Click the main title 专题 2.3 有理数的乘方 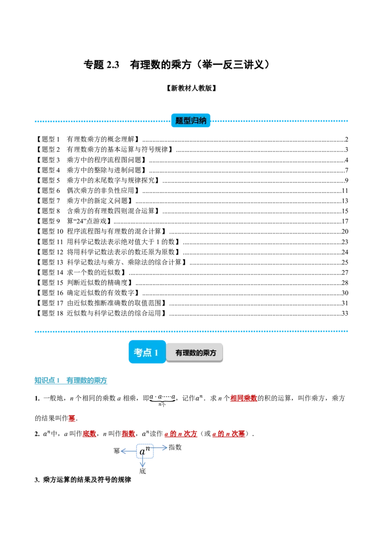coord(176,65)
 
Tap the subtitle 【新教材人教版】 coord(191,88)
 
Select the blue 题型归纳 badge coord(191,121)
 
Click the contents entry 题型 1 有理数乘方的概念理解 coord(88,139)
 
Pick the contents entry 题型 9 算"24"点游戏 coord(74,221)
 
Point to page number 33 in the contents coord(345,314)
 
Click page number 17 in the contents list coord(345,221)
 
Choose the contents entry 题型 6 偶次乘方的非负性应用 coord(88,191)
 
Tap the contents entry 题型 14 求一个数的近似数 coord(81,272)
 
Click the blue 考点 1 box coord(147,352)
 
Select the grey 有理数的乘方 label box coord(195,353)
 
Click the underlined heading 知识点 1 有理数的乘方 coord(71,381)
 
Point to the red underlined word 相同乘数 coord(244,398)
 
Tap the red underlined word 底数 coord(89,433)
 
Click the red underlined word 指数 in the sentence coord(128,433)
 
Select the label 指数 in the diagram coord(175,447)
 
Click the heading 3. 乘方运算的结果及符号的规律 coord(83,480)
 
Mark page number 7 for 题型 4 coord(346,170)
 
